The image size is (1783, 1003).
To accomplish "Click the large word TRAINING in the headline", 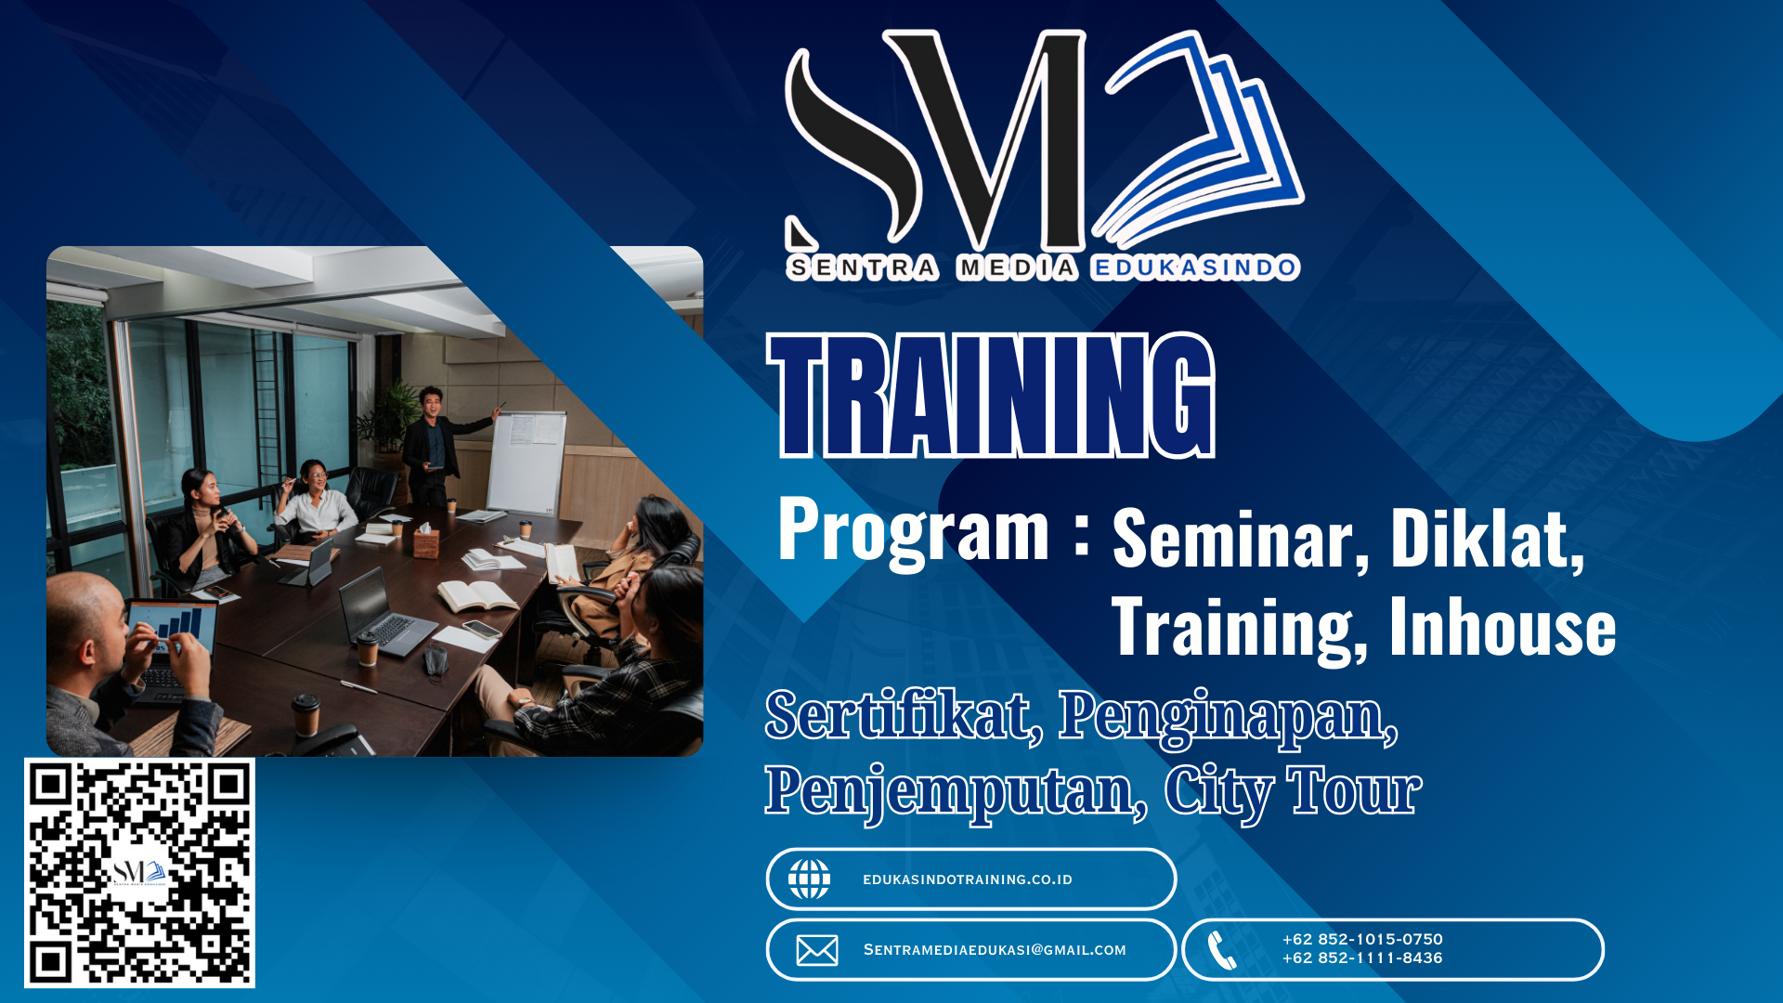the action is pyautogui.click(x=992, y=396).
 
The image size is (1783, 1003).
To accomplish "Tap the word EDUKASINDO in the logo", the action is pyautogui.click(x=1194, y=268).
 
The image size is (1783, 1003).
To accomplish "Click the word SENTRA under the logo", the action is pyautogui.click(x=863, y=268).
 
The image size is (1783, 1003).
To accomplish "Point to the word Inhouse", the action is pyautogui.click(x=1503, y=627).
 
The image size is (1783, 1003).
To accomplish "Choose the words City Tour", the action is pyautogui.click(x=1293, y=792).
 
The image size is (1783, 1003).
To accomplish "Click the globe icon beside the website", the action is pyautogui.click(x=809, y=879).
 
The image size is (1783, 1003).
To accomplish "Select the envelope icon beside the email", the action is pyautogui.click(x=817, y=950).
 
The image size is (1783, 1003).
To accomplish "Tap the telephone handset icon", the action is pyautogui.click(x=1222, y=950).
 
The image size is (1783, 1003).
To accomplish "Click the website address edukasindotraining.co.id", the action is pyautogui.click(x=968, y=879).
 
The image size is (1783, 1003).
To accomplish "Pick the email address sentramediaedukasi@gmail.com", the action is pyautogui.click(x=995, y=950).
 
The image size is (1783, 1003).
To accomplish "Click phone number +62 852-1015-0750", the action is pyautogui.click(x=1362, y=939).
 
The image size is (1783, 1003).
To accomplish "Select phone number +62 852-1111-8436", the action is pyautogui.click(x=1362, y=957).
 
